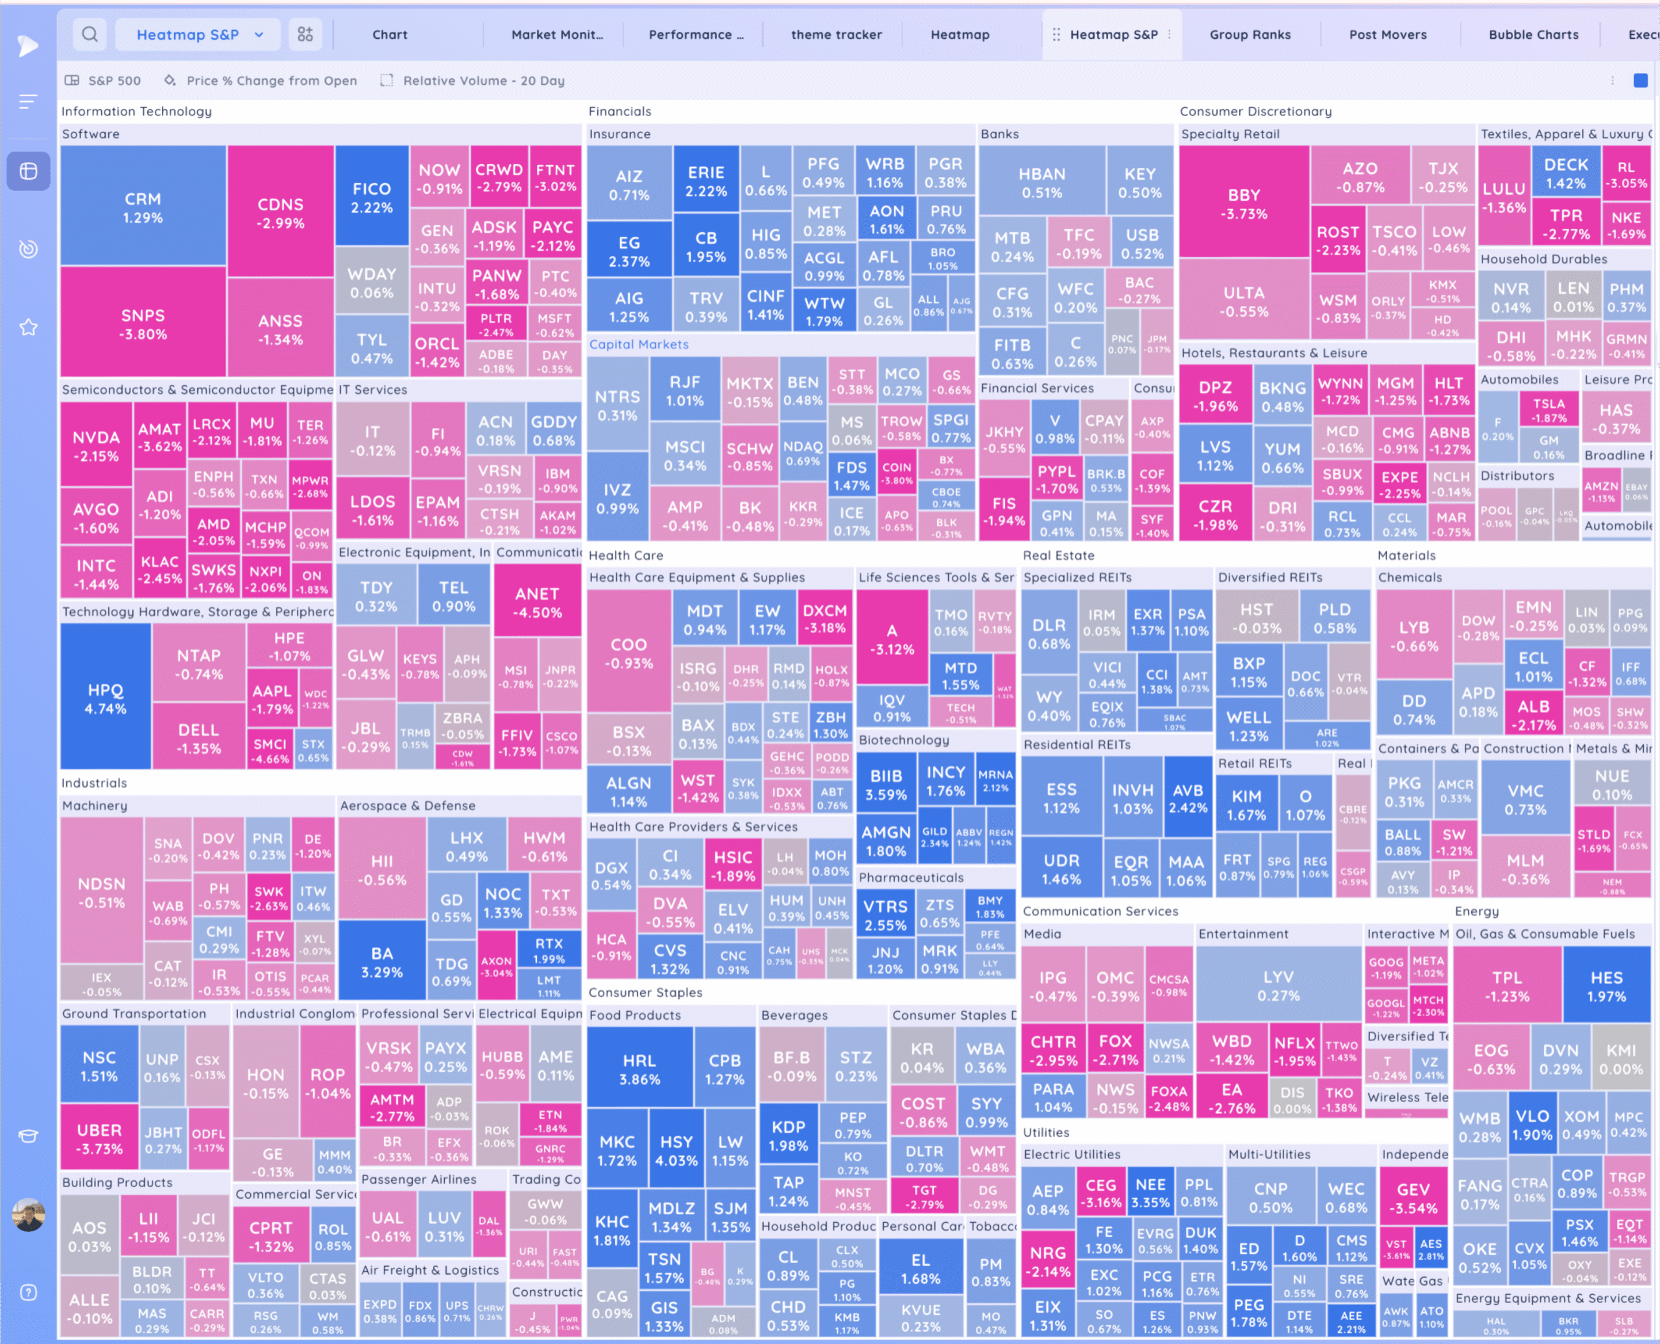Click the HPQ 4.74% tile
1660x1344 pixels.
click(x=105, y=699)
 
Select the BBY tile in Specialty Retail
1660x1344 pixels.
click(x=1244, y=204)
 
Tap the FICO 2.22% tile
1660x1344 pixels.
click(x=372, y=197)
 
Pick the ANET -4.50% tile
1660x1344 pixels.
click(x=537, y=603)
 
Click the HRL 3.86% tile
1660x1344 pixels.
click(x=639, y=1069)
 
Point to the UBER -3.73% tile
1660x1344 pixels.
click(x=99, y=1139)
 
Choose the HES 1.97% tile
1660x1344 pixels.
click(x=1606, y=987)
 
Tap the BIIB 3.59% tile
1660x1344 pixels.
click(x=886, y=784)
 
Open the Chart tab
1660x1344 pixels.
click(x=389, y=35)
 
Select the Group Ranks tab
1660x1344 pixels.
click(x=1250, y=35)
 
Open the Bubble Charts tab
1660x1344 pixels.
click(x=1533, y=35)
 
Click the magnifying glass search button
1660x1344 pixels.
click(x=89, y=35)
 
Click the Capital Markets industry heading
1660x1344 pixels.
click(x=639, y=344)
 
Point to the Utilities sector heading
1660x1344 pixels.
click(x=1045, y=1132)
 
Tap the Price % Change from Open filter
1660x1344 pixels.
click(x=271, y=80)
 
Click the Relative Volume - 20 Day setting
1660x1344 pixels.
click(x=483, y=80)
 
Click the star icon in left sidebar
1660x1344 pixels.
click(x=29, y=328)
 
